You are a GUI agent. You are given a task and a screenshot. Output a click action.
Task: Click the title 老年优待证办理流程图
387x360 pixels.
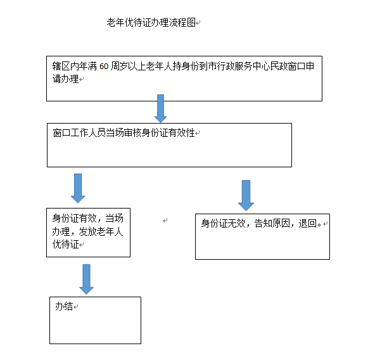(151, 22)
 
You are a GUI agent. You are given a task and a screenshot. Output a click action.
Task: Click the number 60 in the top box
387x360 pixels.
(104, 67)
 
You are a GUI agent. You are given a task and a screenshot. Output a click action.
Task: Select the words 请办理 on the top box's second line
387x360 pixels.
(65, 79)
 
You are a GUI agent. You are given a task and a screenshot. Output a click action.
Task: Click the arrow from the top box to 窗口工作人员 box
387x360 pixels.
(160, 108)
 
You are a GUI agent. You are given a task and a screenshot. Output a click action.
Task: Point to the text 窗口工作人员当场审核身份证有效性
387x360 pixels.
(124, 133)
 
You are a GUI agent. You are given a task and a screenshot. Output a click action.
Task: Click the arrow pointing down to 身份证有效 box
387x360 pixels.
(78, 188)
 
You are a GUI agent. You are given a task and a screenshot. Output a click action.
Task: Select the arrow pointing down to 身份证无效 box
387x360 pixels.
(246, 195)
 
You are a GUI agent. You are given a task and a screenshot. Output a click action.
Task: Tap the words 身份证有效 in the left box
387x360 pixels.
(74, 218)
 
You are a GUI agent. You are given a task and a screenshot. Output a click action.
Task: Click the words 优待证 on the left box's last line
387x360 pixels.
(65, 245)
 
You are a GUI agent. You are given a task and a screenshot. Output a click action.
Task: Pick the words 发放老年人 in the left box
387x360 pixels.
(101, 231)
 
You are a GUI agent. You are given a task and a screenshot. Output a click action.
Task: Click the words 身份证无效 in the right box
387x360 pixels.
(223, 224)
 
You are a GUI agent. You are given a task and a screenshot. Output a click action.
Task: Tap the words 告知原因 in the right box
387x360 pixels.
(272, 224)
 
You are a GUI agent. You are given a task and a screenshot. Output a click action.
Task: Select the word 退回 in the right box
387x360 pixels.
(308, 224)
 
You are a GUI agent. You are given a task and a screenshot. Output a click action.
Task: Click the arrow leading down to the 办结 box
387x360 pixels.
(86, 280)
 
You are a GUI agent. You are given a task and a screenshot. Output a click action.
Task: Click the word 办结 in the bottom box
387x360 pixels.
(64, 306)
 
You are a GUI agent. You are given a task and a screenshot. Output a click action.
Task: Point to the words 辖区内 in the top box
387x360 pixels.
(65, 66)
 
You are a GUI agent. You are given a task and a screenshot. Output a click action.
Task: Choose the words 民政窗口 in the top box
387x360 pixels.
(288, 66)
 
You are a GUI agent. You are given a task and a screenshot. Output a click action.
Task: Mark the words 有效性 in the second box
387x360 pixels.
(182, 133)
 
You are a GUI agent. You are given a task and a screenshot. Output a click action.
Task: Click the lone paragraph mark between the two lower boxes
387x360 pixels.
(165, 221)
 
